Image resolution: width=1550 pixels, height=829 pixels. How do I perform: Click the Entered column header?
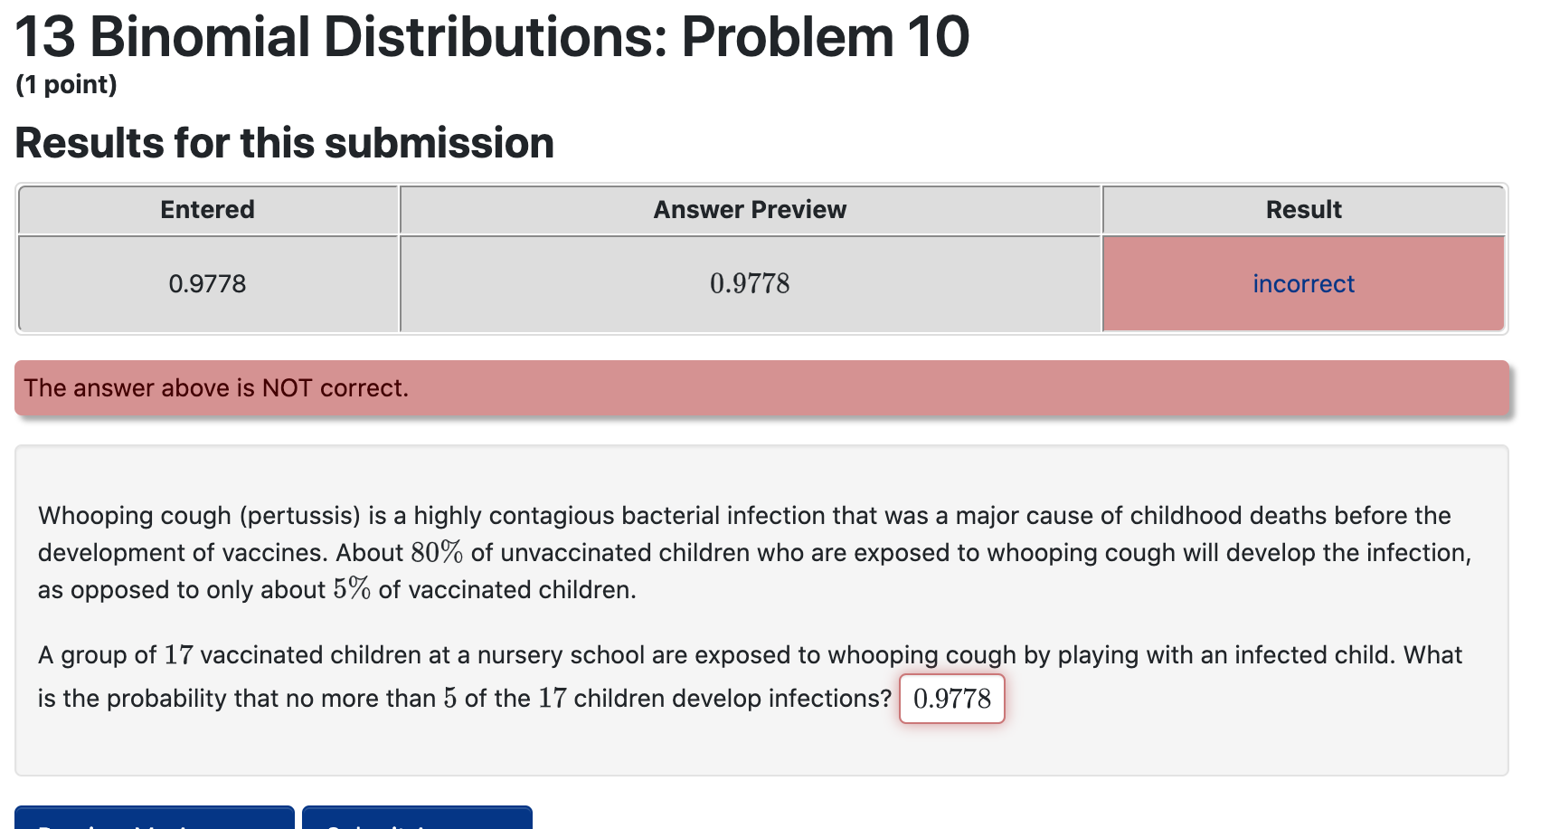click(207, 210)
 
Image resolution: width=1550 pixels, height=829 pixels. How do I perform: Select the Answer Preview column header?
click(750, 210)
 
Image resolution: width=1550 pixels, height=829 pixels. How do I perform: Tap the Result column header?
click(1303, 210)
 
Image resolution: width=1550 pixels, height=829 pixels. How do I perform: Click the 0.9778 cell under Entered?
click(207, 284)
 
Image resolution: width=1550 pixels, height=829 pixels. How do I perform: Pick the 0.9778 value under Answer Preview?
click(750, 284)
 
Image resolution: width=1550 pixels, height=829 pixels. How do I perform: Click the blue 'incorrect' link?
click(1303, 284)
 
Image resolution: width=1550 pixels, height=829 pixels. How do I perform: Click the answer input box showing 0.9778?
click(951, 699)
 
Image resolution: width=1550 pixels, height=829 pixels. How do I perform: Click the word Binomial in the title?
click(200, 38)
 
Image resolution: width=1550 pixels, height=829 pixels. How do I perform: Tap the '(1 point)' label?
click(67, 85)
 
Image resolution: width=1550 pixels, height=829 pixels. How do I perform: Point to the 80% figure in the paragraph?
click(436, 553)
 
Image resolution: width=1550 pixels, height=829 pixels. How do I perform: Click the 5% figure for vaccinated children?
click(352, 590)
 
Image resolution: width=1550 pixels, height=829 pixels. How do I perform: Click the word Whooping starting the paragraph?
click(90, 516)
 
